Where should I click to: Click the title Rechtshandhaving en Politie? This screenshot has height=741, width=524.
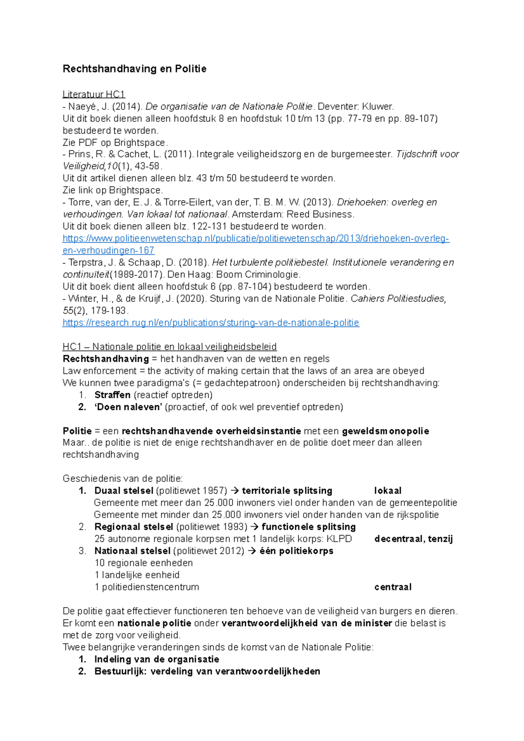click(x=134, y=69)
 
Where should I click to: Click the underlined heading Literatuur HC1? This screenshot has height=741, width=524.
click(x=94, y=94)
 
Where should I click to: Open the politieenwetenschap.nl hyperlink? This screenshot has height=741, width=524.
click(x=256, y=239)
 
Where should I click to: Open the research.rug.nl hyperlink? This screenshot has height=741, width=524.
click(x=210, y=323)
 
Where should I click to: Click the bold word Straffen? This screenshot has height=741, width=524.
click(x=112, y=395)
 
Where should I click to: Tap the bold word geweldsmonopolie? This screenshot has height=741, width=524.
click(x=386, y=431)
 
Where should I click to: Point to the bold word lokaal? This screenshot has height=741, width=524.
click(x=388, y=491)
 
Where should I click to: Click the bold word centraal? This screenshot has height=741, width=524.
click(x=393, y=587)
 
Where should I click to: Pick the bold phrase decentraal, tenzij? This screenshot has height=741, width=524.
click(x=414, y=539)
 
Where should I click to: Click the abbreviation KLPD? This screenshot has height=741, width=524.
click(x=339, y=539)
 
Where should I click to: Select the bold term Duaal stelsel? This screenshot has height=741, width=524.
click(x=124, y=491)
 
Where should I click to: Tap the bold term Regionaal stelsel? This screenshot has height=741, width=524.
click(x=134, y=527)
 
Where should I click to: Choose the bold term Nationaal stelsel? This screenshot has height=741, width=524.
click(x=132, y=551)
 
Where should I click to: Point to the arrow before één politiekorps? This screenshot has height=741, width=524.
click(x=252, y=551)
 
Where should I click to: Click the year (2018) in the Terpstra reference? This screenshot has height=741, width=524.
click(x=193, y=263)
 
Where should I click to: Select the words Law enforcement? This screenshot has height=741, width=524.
click(x=100, y=371)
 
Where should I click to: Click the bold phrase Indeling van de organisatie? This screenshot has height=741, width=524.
click(x=157, y=659)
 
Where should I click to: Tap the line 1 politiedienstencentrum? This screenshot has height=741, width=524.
click(x=147, y=587)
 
